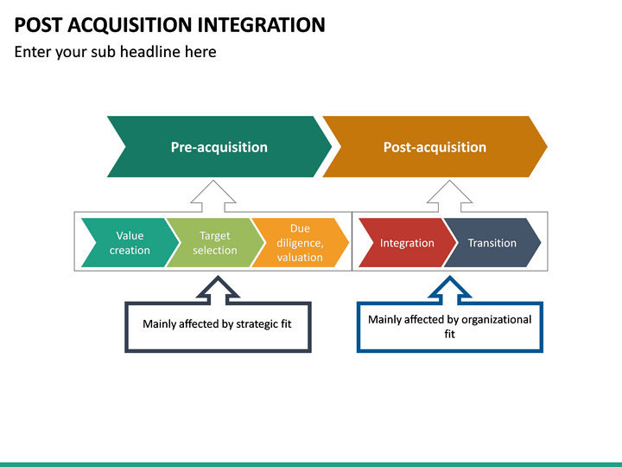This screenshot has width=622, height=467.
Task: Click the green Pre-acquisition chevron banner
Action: pyautogui.click(x=219, y=147)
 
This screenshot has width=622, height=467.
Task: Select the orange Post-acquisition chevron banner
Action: pyautogui.click(x=435, y=147)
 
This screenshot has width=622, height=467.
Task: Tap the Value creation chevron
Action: pyautogui.click(x=128, y=243)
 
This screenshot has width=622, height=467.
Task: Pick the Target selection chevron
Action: pyautogui.click(x=214, y=243)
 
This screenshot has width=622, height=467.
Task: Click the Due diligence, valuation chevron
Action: pyautogui.click(x=300, y=243)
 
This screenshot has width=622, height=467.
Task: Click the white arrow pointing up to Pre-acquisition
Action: pyautogui.click(x=213, y=196)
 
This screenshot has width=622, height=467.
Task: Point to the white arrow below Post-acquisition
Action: pyautogui.click(x=449, y=196)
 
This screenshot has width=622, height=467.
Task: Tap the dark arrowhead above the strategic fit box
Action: pyautogui.click(x=219, y=289)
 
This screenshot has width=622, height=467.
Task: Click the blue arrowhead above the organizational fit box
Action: pyautogui.click(x=449, y=289)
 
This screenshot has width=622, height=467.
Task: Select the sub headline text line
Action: pyautogui.click(x=115, y=52)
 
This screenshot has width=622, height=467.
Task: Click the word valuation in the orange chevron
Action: pyautogui.click(x=300, y=258)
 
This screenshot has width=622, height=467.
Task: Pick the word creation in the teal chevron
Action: pyautogui.click(x=130, y=251)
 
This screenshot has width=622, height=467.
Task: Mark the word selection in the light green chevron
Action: pyautogui.click(x=214, y=251)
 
